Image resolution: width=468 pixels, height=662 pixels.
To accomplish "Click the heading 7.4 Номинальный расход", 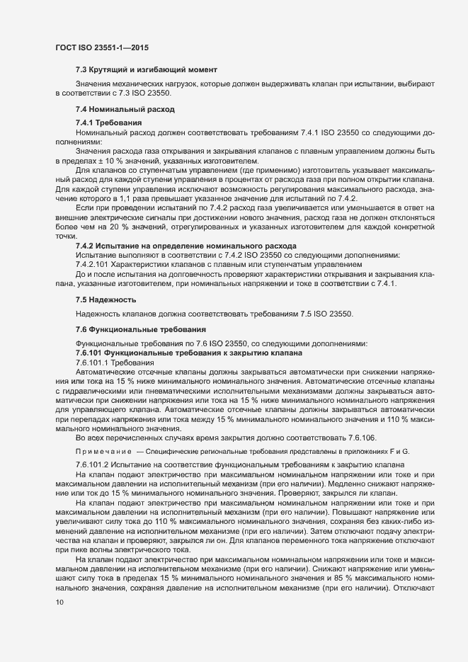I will [125, 110].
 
